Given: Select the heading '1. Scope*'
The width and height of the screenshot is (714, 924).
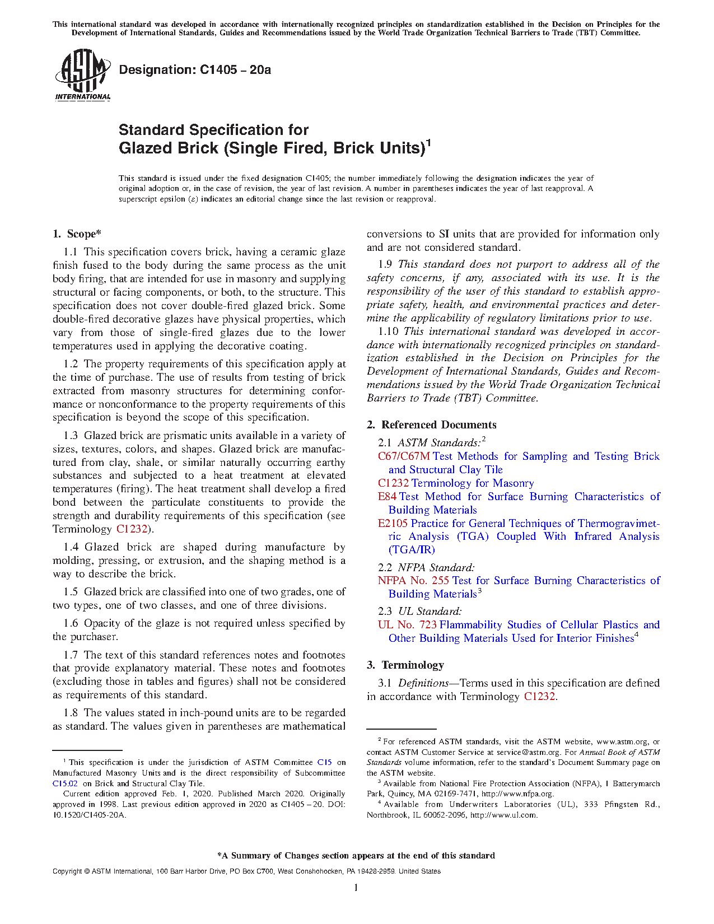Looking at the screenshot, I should [77, 234].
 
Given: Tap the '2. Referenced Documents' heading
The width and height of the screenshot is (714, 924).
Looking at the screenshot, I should [431, 424].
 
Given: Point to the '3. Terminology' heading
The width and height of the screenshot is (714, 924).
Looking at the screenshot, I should [405, 665].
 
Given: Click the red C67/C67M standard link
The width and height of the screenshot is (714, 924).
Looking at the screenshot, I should [404, 456].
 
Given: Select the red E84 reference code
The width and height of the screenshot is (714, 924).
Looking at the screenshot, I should [387, 497].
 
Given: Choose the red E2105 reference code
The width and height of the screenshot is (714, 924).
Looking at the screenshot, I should [393, 524].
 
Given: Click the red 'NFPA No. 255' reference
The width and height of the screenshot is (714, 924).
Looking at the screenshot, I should [413, 581].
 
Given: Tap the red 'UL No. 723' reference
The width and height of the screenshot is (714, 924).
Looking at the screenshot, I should [407, 625].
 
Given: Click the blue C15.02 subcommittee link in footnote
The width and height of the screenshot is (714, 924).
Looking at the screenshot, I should [65, 783].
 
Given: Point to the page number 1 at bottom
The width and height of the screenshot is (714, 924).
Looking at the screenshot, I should [356, 887].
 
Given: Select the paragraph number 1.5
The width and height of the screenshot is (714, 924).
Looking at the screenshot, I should [71, 592].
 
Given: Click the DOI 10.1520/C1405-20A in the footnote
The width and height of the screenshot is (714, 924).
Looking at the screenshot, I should [89, 815].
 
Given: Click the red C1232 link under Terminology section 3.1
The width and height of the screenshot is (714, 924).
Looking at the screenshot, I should [539, 697].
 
